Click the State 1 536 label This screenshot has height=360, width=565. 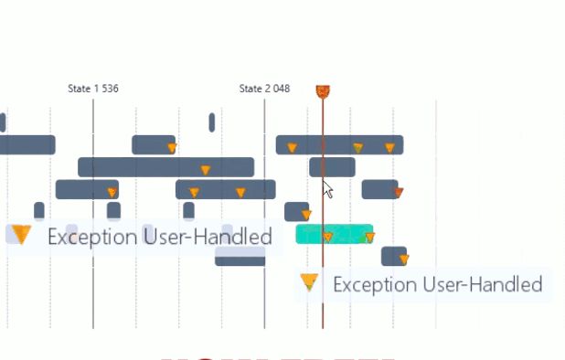[x=93, y=89]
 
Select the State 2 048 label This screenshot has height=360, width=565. [x=264, y=89]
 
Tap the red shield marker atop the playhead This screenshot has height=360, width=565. [x=323, y=90]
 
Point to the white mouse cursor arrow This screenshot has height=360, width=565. [x=327, y=189]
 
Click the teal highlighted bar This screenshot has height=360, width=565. [x=335, y=234]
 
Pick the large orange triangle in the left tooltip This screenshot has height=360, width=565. [x=22, y=236]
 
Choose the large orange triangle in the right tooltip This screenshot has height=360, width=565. [x=310, y=283]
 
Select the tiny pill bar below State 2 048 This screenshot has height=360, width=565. [x=212, y=122]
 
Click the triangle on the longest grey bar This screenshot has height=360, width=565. [x=205, y=169]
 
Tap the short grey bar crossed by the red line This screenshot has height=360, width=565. [x=332, y=167]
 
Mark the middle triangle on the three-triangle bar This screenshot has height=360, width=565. [x=357, y=147]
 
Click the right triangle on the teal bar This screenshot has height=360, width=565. [x=369, y=238]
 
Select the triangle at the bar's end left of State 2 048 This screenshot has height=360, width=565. [x=172, y=147]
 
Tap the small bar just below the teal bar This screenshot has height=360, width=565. [x=393, y=256]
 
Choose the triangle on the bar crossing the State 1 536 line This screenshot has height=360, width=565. [x=112, y=192]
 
